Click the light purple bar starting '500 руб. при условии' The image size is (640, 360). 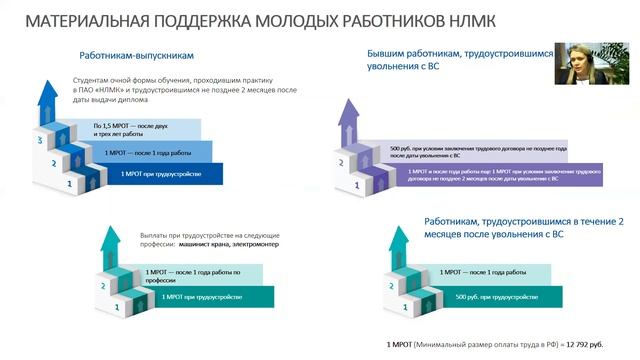tap(480, 151)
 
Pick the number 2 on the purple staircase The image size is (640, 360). tap(342, 163)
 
